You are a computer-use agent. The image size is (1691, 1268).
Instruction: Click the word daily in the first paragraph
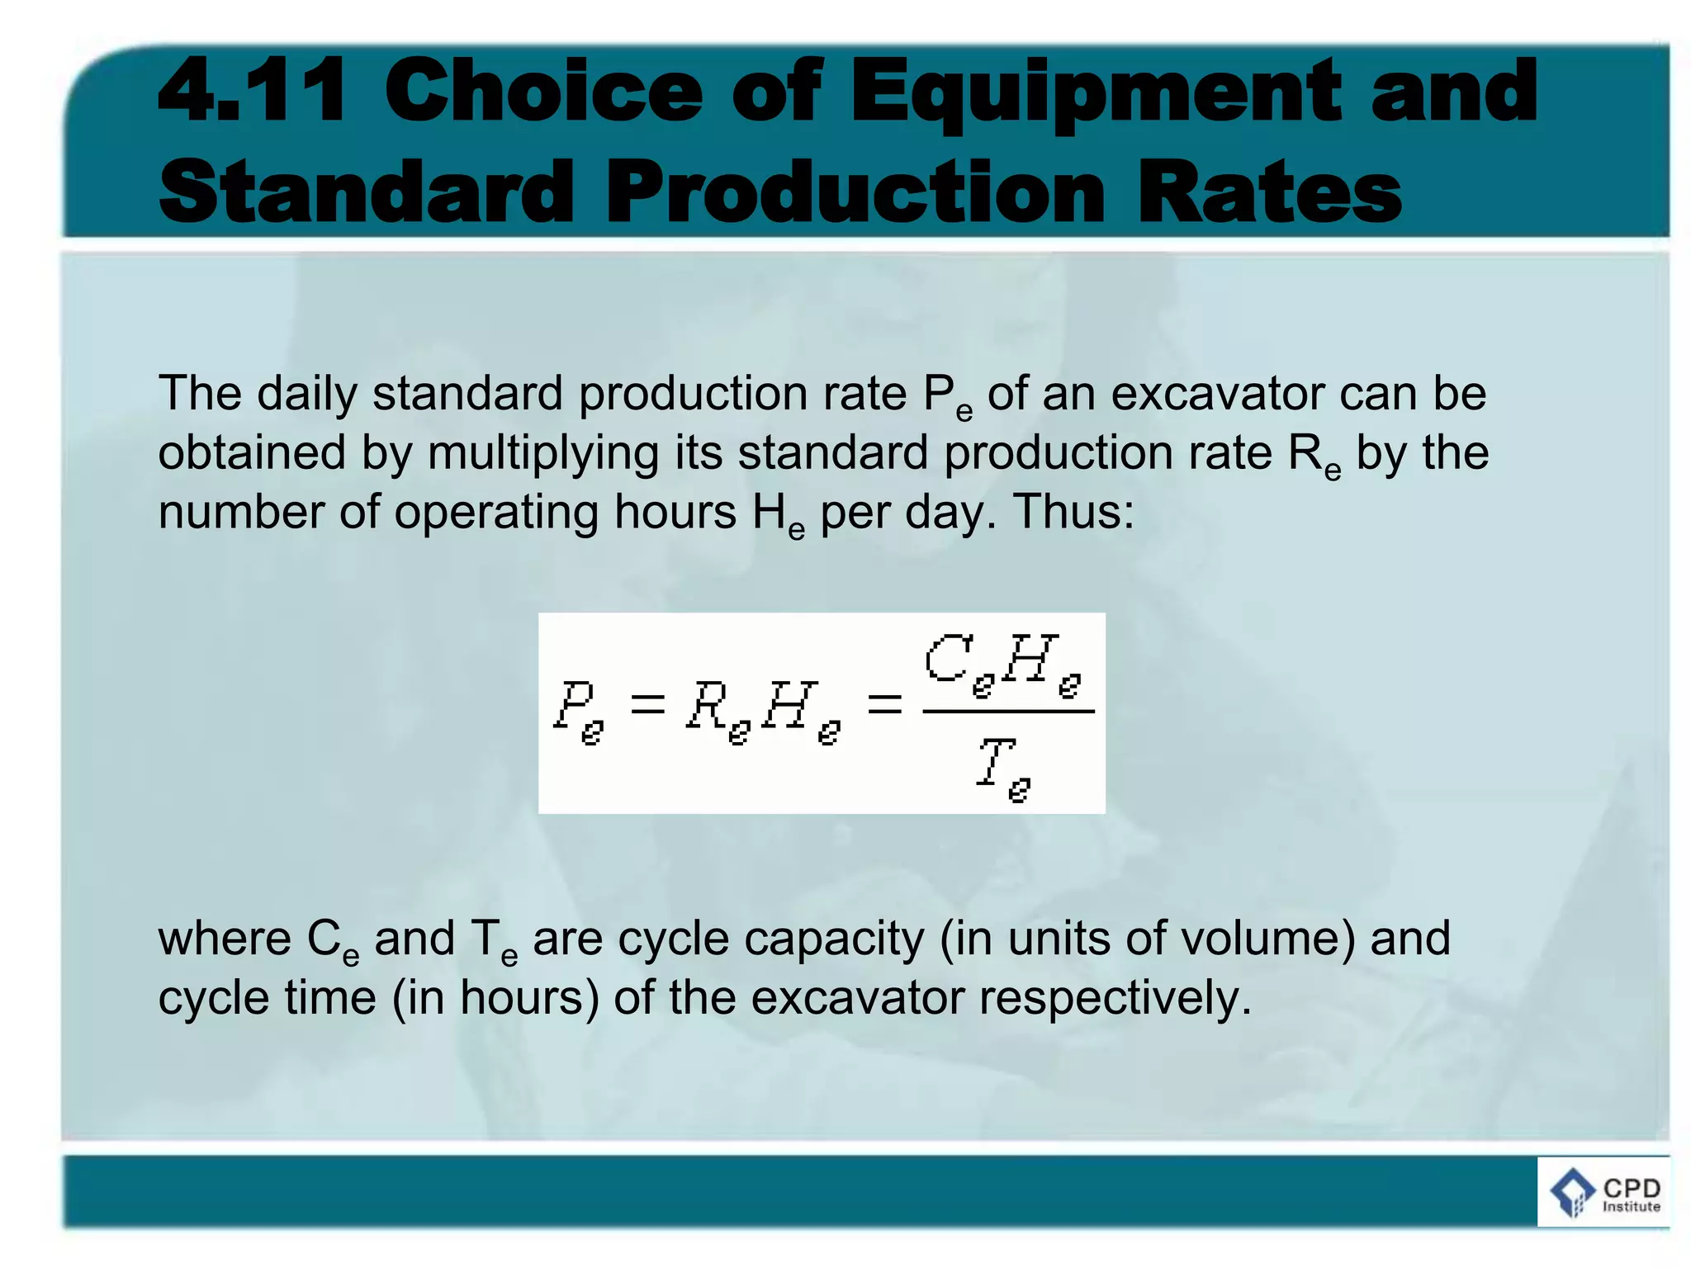click(x=306, y=394)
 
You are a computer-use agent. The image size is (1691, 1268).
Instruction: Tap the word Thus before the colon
click(x=1067, y=512)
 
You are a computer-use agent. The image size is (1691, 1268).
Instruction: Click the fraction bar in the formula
click(x=1008, y=711)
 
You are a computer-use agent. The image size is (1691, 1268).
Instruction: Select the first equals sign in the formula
click(x=647, y=704)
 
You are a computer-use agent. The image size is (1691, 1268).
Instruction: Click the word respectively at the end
click(x=1115, y=998)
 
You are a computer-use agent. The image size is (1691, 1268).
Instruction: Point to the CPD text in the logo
click(x=1632, y=1188)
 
